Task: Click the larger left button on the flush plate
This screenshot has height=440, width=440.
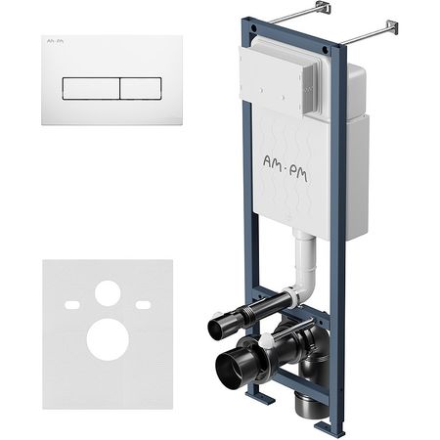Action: click(x=91, y=89)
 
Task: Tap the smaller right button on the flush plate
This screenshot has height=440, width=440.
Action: click(x=141, y=89)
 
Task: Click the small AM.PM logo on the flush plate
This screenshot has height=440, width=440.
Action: click(x=55, y=41)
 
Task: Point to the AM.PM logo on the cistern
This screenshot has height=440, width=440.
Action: click(x=286, y=168)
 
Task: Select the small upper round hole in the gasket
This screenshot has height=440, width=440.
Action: click(x=108, y=293)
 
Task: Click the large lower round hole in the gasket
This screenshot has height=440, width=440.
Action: click(x=108, y=339)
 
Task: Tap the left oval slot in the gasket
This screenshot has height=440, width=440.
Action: click(x=72, y=305)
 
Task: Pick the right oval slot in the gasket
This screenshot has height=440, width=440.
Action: click(x=143, y=305)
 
